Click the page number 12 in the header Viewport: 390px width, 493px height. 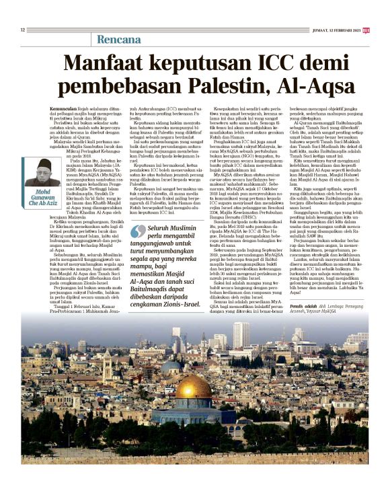(x=23, y=30)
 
